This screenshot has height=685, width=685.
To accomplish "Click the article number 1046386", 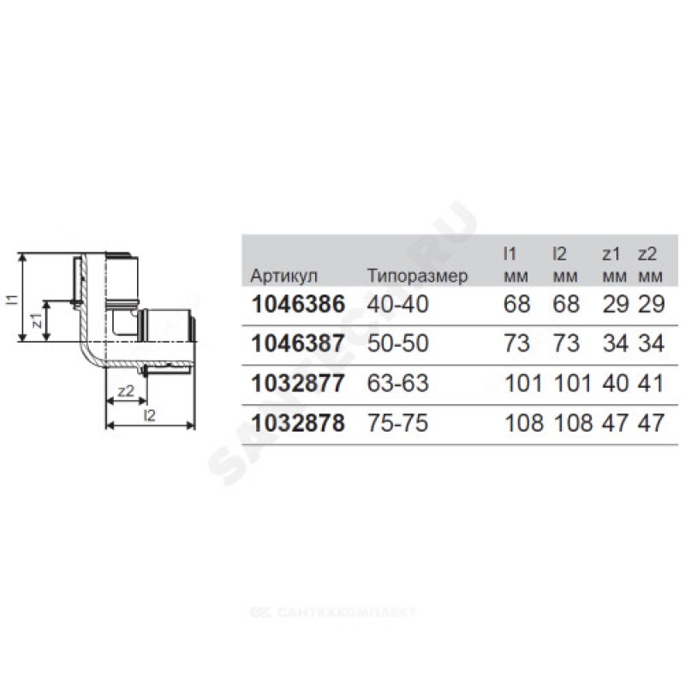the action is click(298, 304).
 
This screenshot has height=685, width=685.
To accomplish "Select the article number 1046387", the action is click(298, 343).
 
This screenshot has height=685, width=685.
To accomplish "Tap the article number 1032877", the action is click(298, 383).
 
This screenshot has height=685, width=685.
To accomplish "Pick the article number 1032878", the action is click(298, 423).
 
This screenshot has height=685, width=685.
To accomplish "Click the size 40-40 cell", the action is click(397, 304).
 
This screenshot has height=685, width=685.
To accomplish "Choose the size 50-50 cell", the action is click(397, 343).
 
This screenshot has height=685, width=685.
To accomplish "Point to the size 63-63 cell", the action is click(397, 383).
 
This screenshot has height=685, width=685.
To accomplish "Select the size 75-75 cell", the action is click(397, 423).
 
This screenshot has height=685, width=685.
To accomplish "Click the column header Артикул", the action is click(284, 276).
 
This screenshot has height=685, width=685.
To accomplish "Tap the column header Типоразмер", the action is click(417, 276).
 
